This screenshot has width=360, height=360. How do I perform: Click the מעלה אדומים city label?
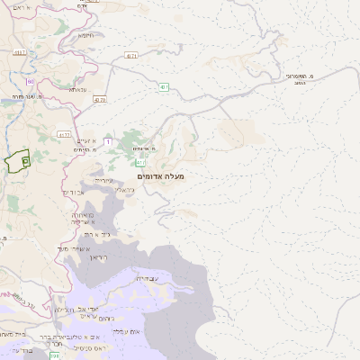pos(162,176)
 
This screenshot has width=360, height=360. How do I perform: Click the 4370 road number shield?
pos(99,99)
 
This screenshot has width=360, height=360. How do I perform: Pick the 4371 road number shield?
pos(132,56)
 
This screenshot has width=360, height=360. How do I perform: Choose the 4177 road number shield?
pos(63,134)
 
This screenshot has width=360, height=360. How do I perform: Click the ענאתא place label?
pos(76,89)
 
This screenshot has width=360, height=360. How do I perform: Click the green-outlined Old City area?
pos(15,164)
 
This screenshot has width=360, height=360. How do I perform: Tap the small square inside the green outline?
pos(24,160)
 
